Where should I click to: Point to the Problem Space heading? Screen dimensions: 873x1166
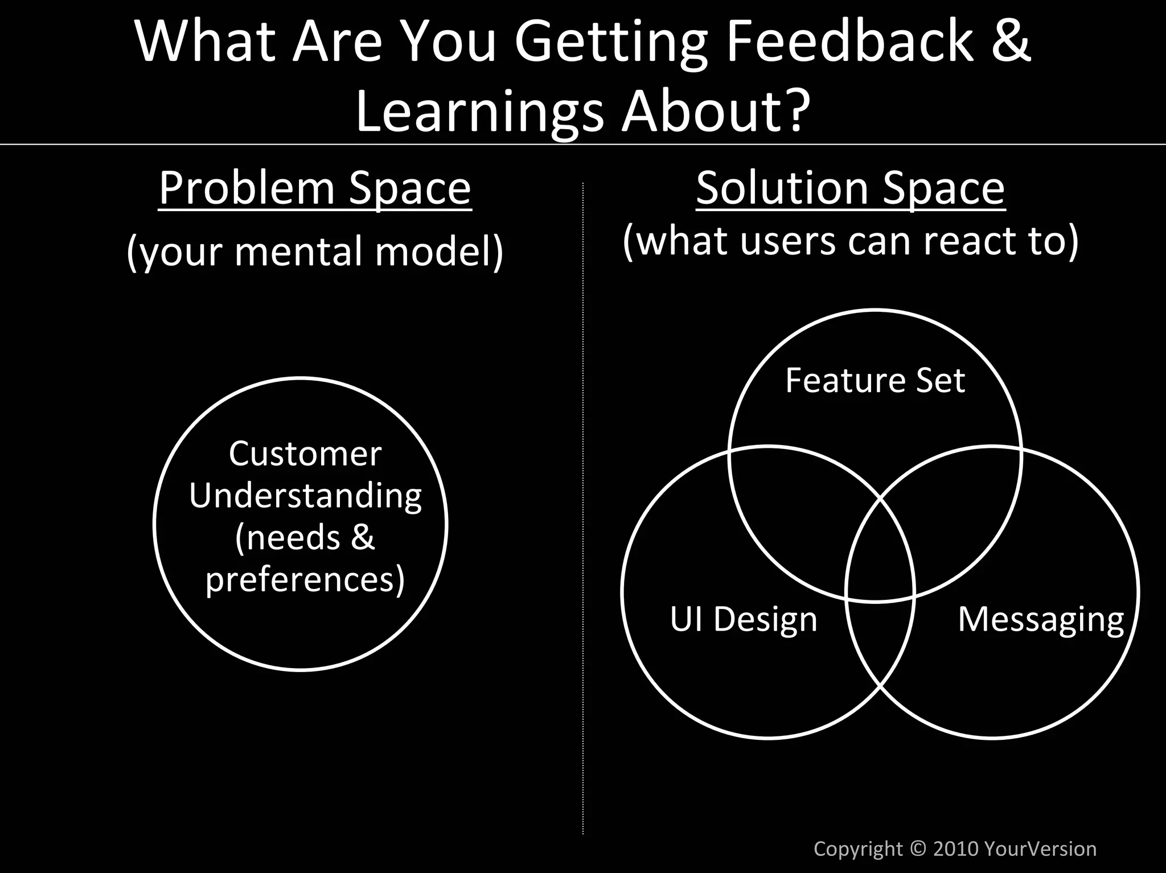(315, 188)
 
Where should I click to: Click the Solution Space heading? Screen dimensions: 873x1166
(851, 188)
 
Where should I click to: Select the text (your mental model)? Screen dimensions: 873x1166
(315, 251)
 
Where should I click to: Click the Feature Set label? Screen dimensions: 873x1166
(875, 380)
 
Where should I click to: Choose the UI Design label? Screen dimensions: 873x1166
(744, 619)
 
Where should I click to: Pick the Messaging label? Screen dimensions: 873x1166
(1041, 619)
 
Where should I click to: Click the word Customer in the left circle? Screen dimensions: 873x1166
(305, 454)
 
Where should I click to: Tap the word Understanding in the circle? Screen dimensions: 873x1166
(305, 496)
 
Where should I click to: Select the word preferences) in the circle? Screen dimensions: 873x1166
(305, 579)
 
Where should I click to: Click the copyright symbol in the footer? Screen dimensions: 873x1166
(918, 849)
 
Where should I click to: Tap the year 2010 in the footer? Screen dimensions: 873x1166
(956, 849)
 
